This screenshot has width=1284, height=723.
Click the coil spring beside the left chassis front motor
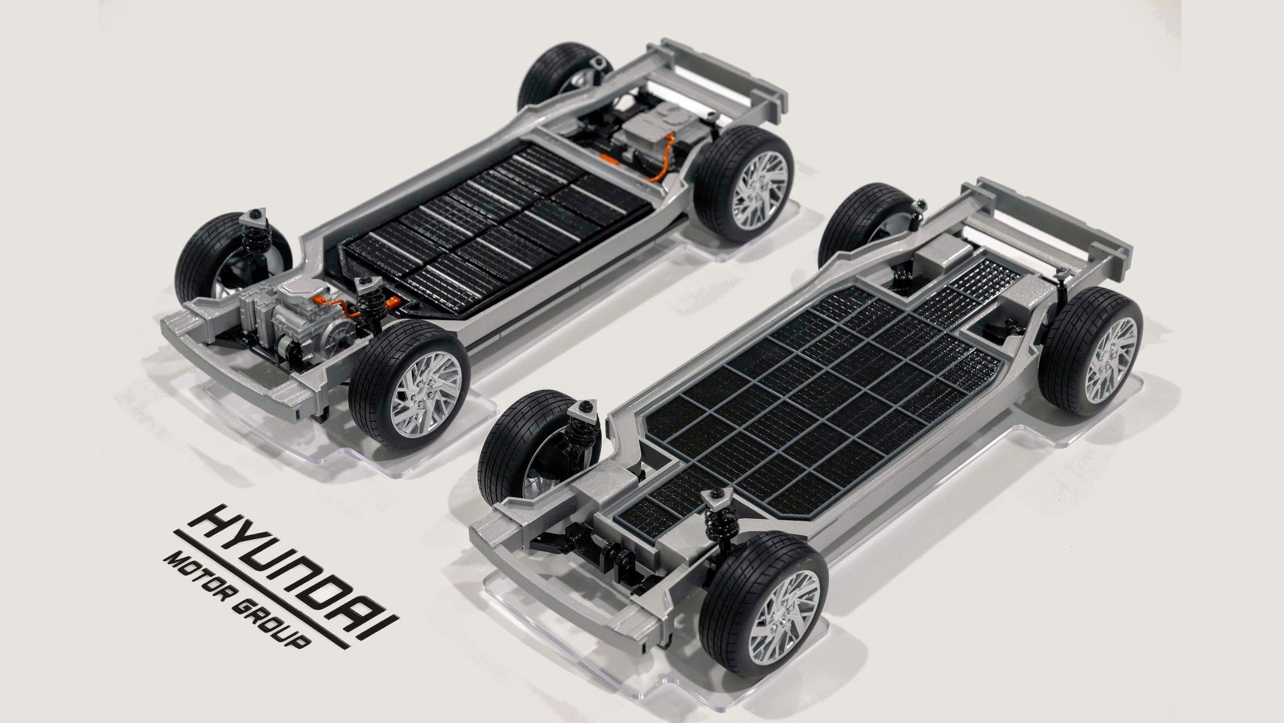(x=365, y=302)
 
